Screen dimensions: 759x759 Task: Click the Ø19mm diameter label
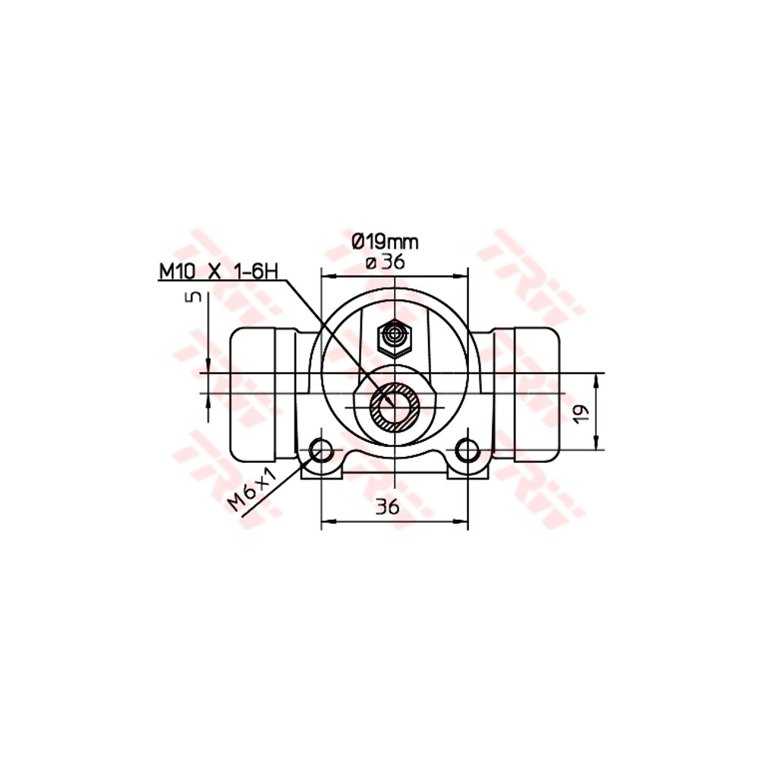[x=385, y=242]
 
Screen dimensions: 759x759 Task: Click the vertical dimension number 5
[x=195, y=297]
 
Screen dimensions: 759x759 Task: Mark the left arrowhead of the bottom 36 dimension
[x=326, y=522]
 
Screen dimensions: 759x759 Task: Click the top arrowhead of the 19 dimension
[x=598, y=378]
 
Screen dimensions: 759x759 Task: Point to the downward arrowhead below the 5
[x=207, y=368]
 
